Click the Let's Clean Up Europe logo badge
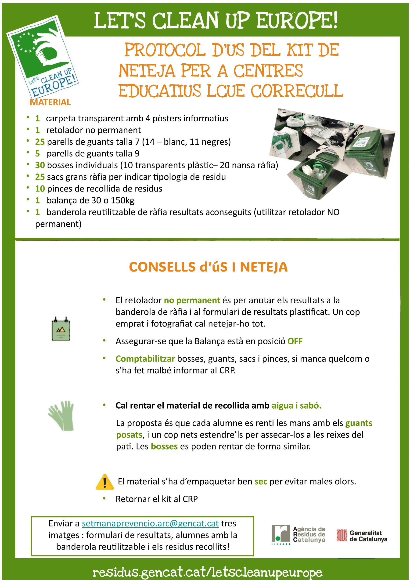click(43, 57)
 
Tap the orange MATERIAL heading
click(50, 102)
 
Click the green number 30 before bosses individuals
click(40, 165)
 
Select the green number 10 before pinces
click(40, 189)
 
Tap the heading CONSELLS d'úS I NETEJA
click(208, 267)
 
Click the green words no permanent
click(192, 300)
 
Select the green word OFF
click(295, 341)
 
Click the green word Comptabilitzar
click(145, 359)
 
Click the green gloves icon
click(61, 416)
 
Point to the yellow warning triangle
click(105, 482)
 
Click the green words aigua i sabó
click(296, 406)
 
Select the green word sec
click(261, 482)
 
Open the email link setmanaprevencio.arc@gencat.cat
click(150, 523)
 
